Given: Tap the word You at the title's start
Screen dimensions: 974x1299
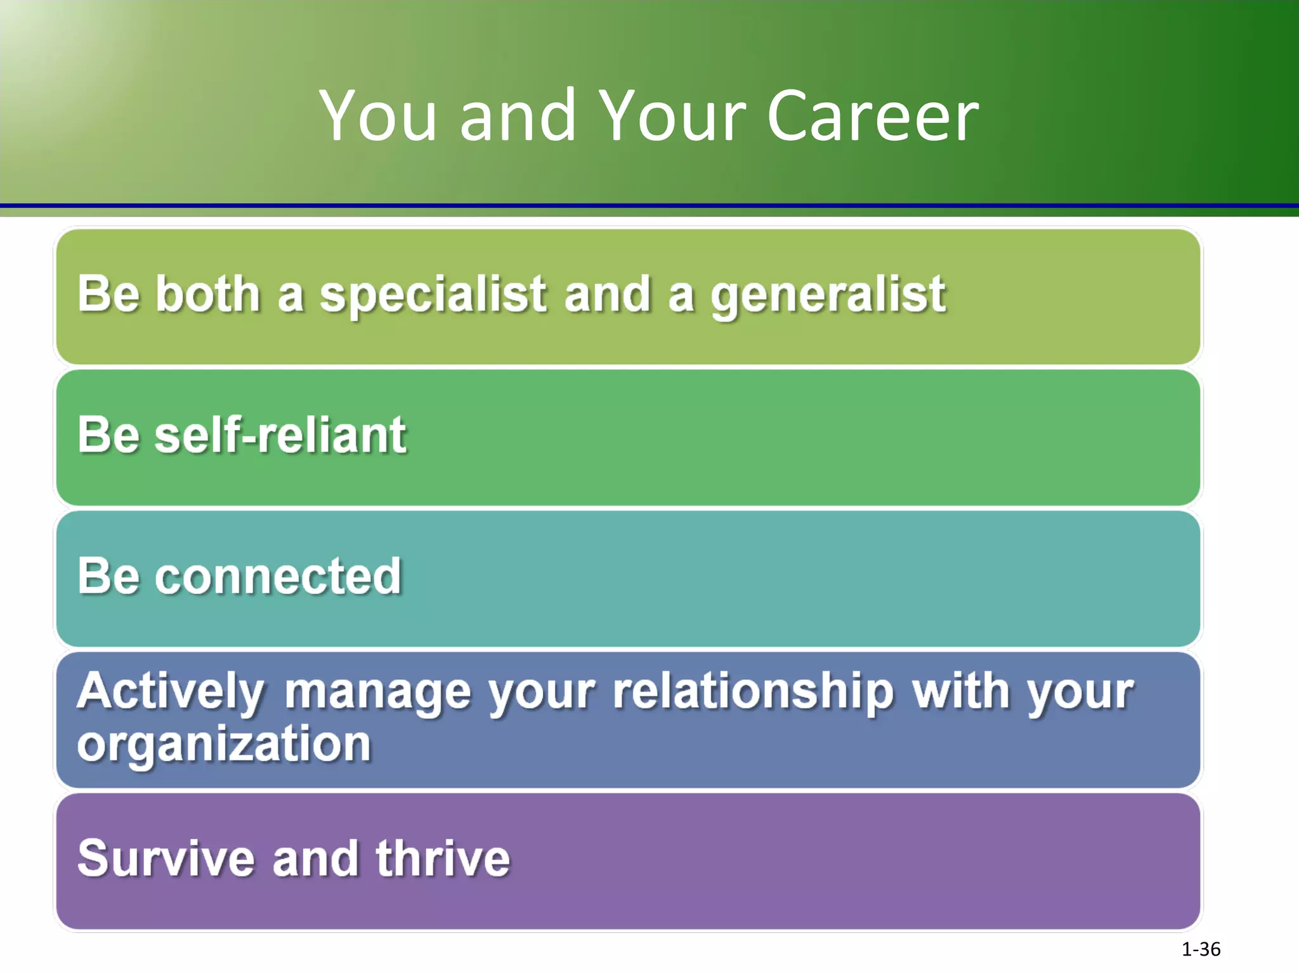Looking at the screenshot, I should point(378,117).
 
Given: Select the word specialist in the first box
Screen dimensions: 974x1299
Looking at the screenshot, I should point(433,295).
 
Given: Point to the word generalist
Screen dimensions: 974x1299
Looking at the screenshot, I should point(828,295).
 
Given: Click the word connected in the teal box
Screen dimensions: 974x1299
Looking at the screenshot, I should point(278,576).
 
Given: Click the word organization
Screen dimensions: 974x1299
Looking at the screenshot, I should point(224,746).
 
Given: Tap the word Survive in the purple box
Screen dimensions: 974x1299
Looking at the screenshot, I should point(166,859).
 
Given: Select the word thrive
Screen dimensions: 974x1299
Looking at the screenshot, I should point(443,859).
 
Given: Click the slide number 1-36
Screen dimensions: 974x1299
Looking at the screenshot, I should point(1201,949).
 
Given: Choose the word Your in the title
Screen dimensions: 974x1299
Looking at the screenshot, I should point(672,117).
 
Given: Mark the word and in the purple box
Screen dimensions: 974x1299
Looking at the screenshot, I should point(315,859).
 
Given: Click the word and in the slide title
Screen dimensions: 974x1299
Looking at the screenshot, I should point(517,117).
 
